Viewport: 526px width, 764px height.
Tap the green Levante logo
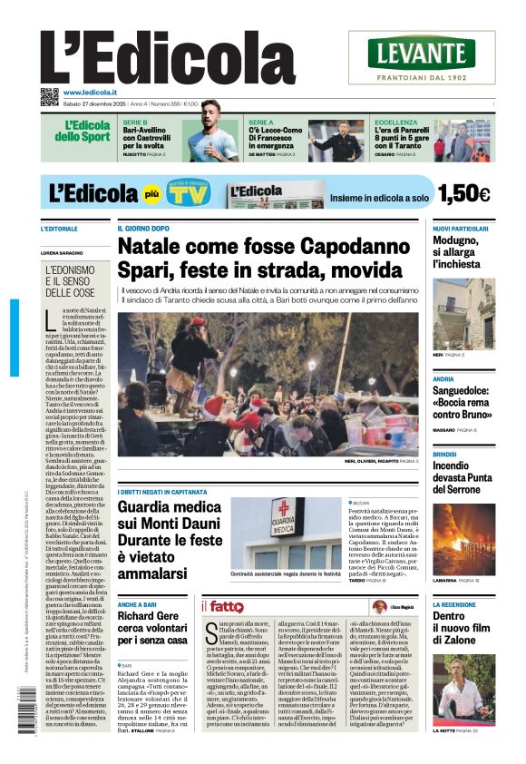(x=422, y=52)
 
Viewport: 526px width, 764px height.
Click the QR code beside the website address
(x=49, y=96)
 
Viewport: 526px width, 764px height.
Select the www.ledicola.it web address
(x=94, y=93)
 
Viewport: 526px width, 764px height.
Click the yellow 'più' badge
(x=152, y=194)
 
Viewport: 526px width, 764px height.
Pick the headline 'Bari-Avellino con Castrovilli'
(x=151, y=138)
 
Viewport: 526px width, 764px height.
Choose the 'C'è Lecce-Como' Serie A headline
(x=276, y=138)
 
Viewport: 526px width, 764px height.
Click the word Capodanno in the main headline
(x=344, y=247)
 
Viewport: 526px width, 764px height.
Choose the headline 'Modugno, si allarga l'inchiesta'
(x=460, y=252)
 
